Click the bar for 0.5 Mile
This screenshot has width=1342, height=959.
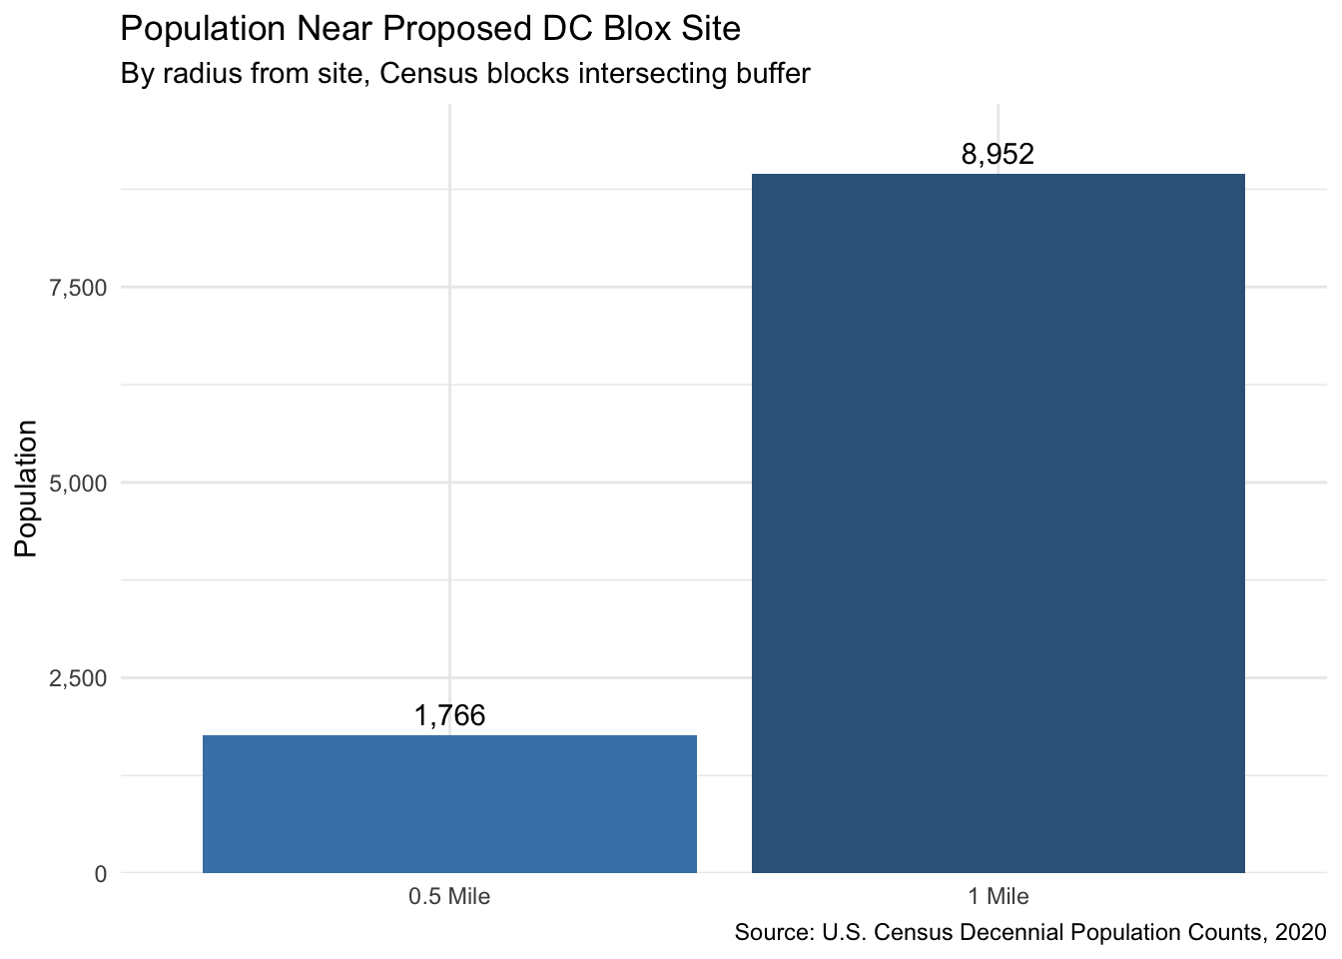pos(449,804)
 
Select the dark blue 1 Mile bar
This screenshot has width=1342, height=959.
pos(999,523)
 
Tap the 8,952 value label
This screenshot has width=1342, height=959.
pos(998,154)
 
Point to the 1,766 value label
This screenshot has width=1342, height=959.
pos(449,715)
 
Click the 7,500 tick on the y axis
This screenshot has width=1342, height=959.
pos(78,289)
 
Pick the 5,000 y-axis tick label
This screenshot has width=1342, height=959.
pos(78,483)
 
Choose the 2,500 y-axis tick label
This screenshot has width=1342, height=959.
pos(78,678)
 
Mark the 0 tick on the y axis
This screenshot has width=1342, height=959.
pos(101,874)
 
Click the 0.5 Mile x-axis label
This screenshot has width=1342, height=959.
pos(449,897)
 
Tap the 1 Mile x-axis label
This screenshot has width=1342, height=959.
pos(999,897)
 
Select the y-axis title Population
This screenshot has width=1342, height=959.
pos(26,488)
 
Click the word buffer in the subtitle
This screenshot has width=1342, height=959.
pos(773,73)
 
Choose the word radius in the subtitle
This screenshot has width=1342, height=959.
pos(199,73)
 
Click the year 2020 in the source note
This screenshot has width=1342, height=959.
pos(1301,932)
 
